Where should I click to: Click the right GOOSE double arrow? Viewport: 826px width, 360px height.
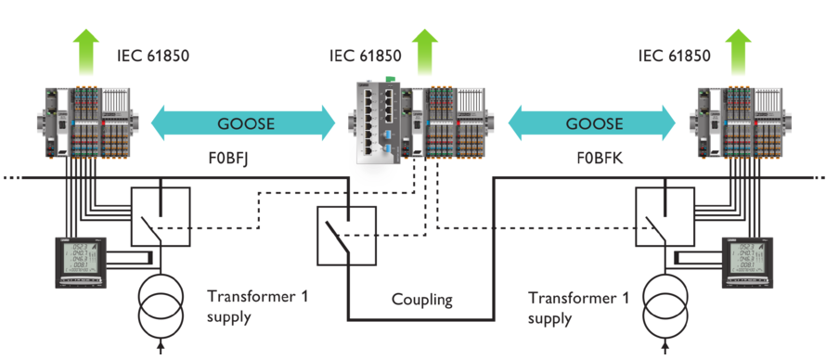592,123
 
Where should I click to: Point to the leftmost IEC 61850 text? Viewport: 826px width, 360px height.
153,56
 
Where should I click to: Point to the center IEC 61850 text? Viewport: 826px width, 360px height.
366,56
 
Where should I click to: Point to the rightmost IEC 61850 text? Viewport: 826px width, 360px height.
674,56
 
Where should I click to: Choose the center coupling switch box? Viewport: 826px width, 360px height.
346,236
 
